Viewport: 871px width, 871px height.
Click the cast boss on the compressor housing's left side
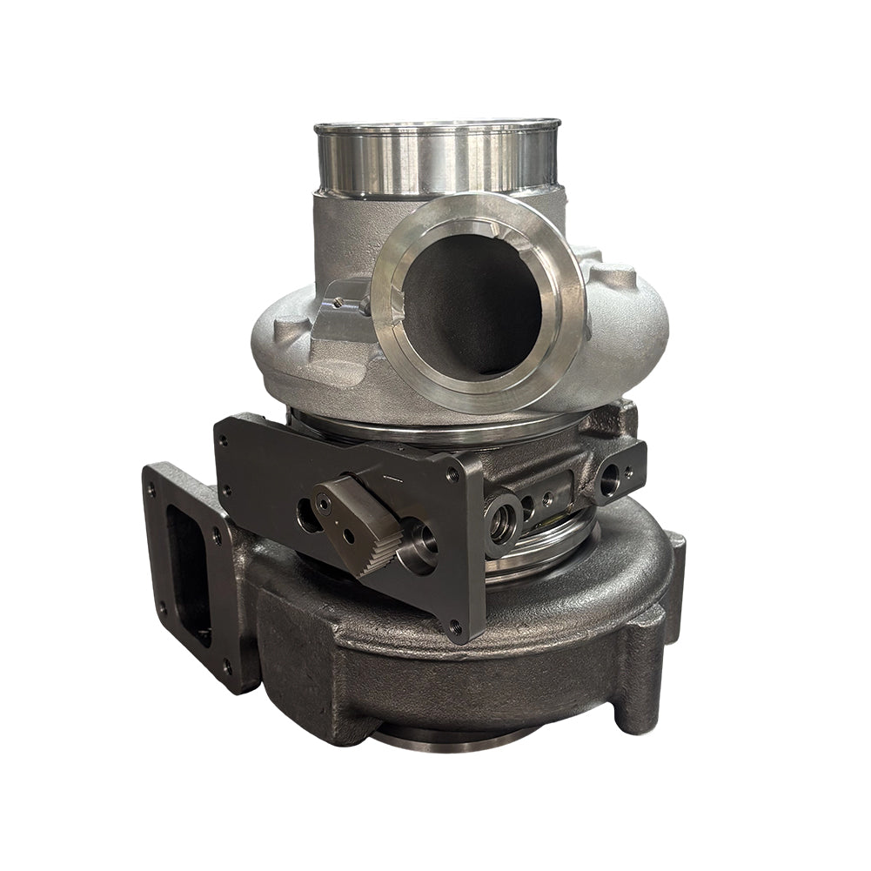coord(291,332)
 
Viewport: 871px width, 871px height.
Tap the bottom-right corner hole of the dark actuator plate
coord(454,625)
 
